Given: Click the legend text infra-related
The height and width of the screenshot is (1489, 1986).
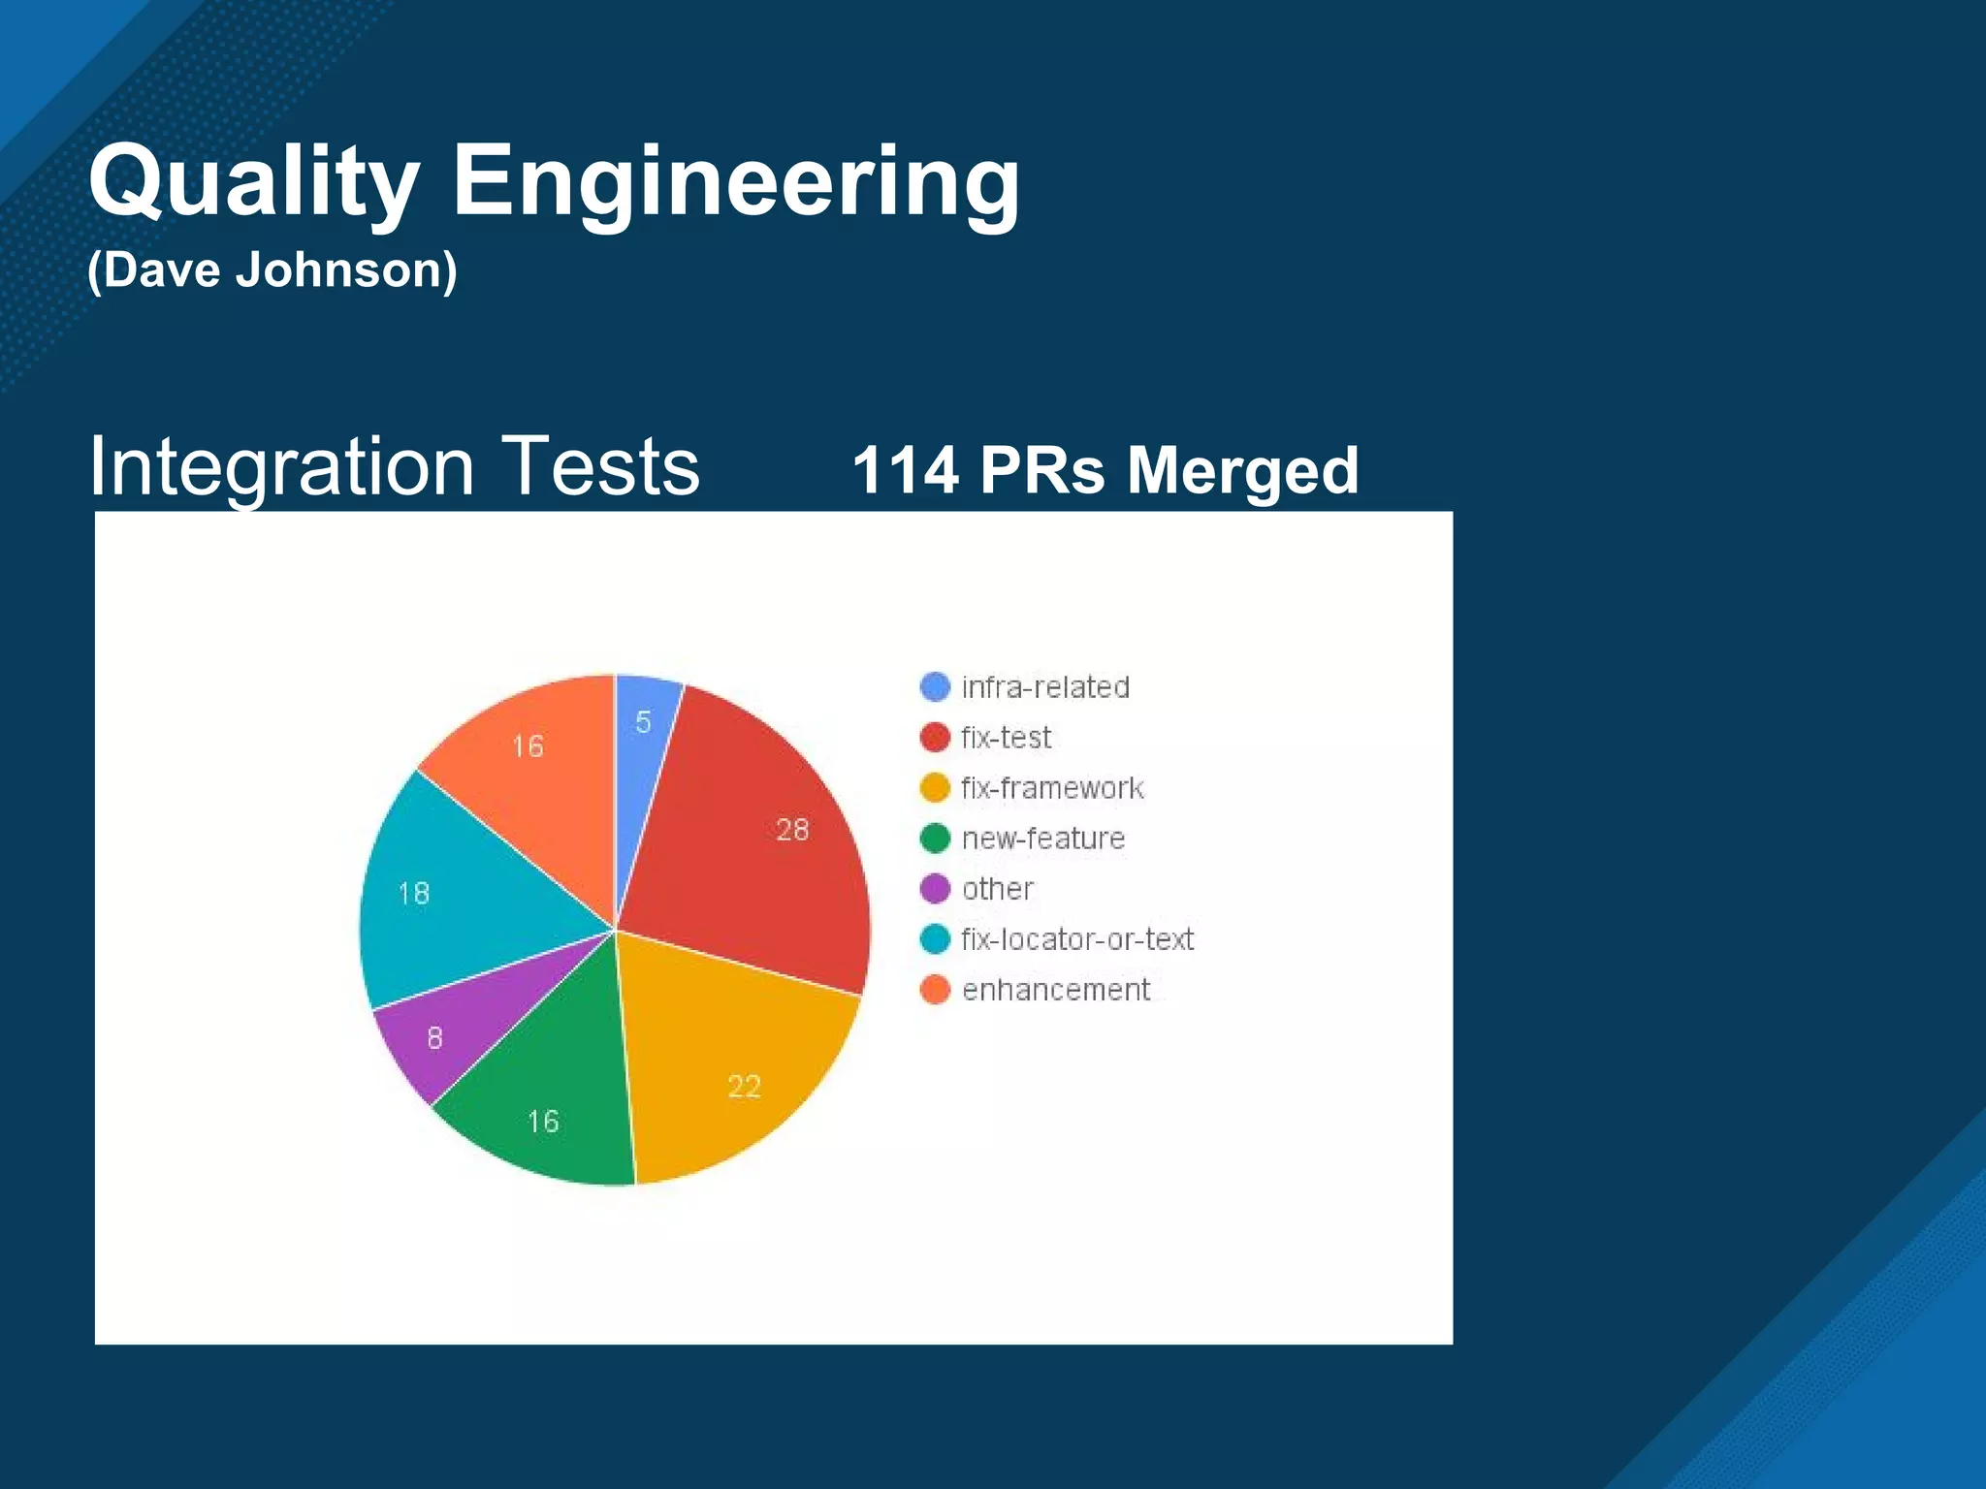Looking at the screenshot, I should (1045, 687).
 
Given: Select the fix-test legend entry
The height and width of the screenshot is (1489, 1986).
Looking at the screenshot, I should (1006, 738).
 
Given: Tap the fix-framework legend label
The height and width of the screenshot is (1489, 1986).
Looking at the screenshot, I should (1052, 788).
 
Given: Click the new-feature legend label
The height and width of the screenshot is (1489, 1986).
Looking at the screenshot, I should (1043, 839).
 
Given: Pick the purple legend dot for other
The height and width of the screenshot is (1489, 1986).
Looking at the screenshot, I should (935, 889).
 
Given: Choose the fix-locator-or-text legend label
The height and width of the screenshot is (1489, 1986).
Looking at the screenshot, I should (1076, 939).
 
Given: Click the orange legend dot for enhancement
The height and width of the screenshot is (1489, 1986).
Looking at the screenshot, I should (935, 990).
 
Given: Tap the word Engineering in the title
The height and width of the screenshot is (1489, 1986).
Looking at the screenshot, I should (735, 182).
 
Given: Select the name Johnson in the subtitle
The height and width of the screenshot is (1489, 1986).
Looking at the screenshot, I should (347, 269).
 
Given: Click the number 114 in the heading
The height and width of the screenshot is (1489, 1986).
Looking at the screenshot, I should (906, 470).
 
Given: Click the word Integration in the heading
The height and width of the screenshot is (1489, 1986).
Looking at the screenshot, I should (281, 466).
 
